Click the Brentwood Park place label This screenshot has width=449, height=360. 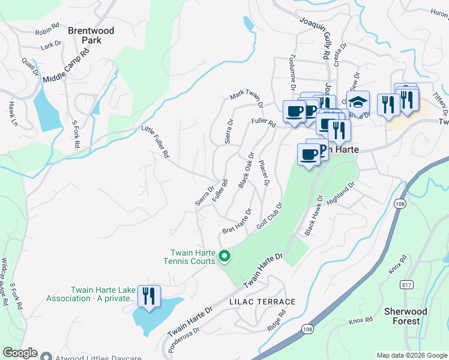click(84, 35)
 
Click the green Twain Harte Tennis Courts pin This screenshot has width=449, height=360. click(224, 256)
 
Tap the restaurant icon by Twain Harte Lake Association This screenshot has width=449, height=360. click(148, 295)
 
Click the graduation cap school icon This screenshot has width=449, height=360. click(358, 102)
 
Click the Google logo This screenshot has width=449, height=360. click(20, 353)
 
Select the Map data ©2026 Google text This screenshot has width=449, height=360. click(412, 355)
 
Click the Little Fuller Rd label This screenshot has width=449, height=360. click(155, 142)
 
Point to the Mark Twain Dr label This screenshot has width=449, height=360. click(247, 99)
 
